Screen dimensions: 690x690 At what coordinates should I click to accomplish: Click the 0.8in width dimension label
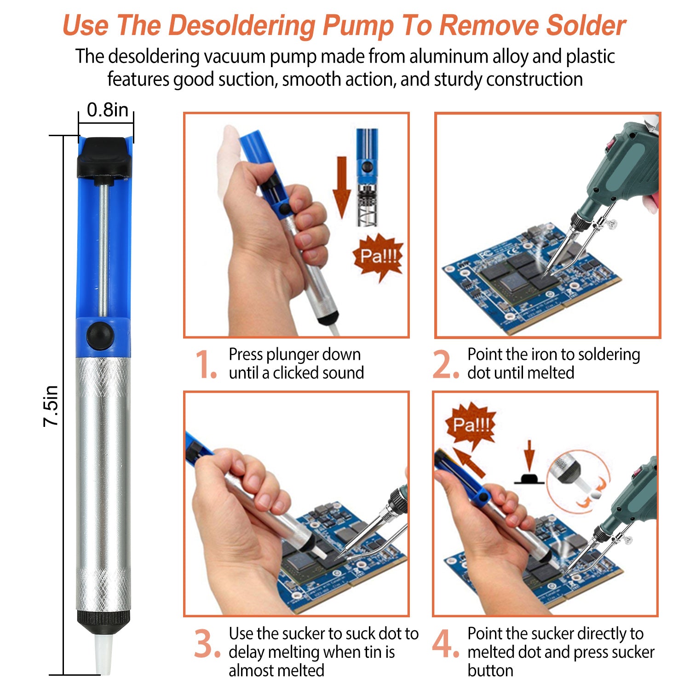pos(108,110)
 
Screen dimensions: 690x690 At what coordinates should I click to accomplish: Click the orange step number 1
pos(205,364)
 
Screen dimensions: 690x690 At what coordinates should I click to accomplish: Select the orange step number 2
pos(445,364)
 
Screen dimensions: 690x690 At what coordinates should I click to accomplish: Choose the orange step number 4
pos(445,644)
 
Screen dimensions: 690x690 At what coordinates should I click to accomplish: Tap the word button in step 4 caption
pos(490,670)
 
